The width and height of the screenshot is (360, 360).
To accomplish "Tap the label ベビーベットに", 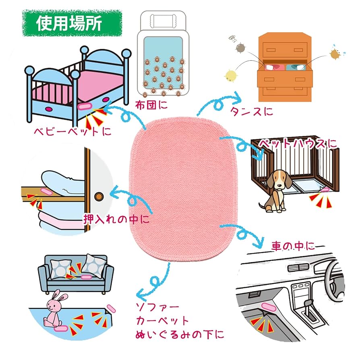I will [x=72, y=131].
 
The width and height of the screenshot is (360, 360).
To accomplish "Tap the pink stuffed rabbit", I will [x=55, y=310].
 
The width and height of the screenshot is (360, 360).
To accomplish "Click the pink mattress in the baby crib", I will [x=97, y=85].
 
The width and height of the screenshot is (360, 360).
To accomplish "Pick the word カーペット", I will [x=162, y=321].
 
